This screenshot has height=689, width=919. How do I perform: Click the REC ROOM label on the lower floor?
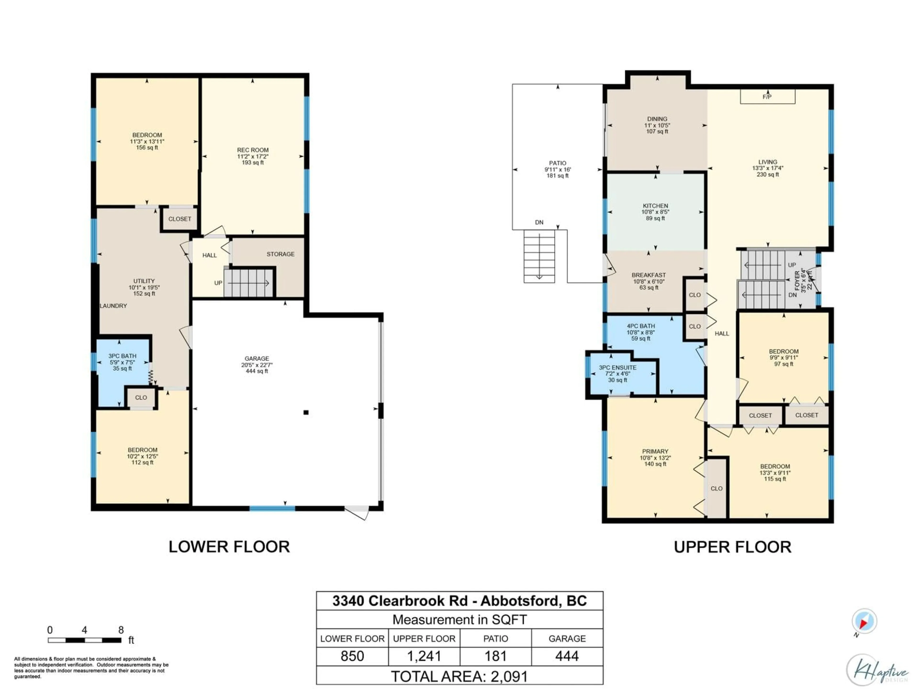(x=252, y=150)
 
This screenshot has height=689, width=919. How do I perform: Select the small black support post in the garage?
(x=306, y=412)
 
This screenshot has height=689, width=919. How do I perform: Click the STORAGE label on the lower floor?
(x=280, y=254)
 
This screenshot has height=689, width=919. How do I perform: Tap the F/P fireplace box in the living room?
(x=767, y=97)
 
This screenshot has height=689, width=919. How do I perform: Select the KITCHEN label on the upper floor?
(x=655, y=206)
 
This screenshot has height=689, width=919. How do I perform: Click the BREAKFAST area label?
(x=649, y=275)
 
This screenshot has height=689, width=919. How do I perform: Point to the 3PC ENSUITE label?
(x=617, y=367)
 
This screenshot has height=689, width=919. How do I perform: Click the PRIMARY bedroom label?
(x=655, y=451)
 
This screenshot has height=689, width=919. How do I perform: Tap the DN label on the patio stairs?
(x=539, y=222)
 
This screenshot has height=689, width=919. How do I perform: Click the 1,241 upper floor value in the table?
(x=424, y=656)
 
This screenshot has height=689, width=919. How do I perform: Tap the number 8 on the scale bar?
(x=121, y=630)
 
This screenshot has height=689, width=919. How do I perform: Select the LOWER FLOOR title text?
(x=229, y=547)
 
